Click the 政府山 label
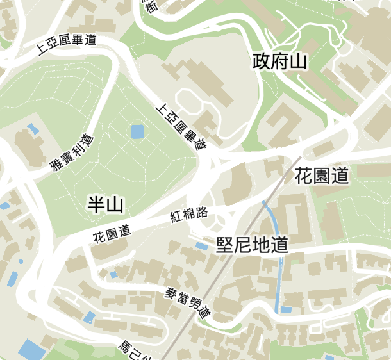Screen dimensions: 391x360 point(279,61)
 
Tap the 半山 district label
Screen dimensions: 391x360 point(105,205)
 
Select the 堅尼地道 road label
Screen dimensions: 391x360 point(252,245)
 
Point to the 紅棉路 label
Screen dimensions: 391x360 point(189,214)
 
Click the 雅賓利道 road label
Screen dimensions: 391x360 point(72,154)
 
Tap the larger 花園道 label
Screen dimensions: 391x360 point(322,176)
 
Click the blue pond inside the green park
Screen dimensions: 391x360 point(137,133)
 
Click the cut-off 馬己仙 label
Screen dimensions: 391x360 point(133,350)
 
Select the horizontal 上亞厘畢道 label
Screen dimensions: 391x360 point(67,44)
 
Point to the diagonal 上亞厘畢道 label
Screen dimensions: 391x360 point(183,127)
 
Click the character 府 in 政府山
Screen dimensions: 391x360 point(279,61)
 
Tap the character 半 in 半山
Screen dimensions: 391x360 point(96,205)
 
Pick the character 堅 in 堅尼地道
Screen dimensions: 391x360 point(224,245)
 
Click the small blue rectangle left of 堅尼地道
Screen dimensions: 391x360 point(201,245)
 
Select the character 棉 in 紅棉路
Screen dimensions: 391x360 point(189,214)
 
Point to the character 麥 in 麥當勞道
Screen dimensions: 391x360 point(171,293)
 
